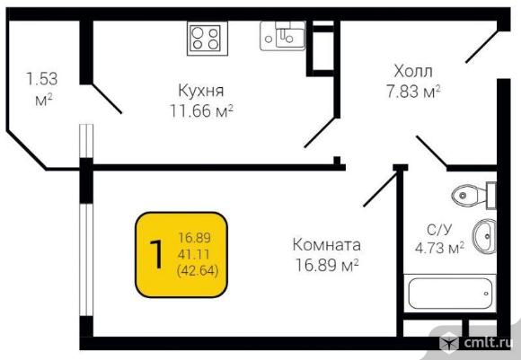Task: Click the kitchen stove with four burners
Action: pos(208,39)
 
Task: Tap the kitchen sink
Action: pos(282,36)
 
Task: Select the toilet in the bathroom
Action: pos(473,196)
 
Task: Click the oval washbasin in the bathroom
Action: pos(484,236)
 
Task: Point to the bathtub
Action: pos(450,294)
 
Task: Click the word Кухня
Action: pos(201,91)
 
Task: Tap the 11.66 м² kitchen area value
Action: pos(201,111)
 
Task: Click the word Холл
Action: pos(413,71)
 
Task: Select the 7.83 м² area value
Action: pos(413,91)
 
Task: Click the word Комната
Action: pos(326,245)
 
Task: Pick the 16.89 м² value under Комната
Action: pos(327,265)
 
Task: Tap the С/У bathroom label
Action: pos(439,230)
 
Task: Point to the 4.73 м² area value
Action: pos(439,248)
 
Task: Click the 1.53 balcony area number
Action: pos(42,79)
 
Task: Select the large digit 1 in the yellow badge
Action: pos(156,254)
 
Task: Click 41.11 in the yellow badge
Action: pos(194,255)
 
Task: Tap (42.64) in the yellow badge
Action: pos(198,270)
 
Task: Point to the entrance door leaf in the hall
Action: pos(481,47)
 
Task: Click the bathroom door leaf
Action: pos(431,151)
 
